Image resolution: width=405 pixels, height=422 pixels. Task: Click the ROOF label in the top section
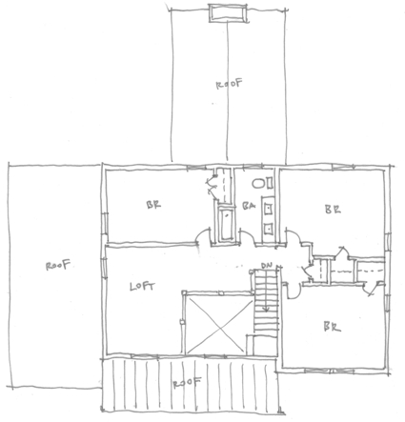coord(230,84)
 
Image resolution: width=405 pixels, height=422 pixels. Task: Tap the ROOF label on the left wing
coord(58,265)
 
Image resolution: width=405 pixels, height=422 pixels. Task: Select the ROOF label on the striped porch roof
coord(187,382)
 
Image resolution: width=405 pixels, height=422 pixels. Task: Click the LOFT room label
coord(143,287)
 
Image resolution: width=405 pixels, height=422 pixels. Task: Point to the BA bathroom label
coord(249,206)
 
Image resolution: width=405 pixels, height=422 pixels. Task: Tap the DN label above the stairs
coord(266,266)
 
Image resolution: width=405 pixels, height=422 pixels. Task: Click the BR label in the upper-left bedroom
coord(153,205)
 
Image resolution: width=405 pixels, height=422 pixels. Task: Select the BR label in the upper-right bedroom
coord(333,209)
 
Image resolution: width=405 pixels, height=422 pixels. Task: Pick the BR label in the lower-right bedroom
coord(332,327)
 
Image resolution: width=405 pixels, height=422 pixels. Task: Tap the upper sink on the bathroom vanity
coord(269,208)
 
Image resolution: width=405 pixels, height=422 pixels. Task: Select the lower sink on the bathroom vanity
coord(269,228)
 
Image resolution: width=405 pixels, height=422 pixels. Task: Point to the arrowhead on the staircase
coord(266,309)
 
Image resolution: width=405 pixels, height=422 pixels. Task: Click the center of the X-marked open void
coord(218,325)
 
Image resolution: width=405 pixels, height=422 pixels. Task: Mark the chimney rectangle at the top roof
coord(228,13)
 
